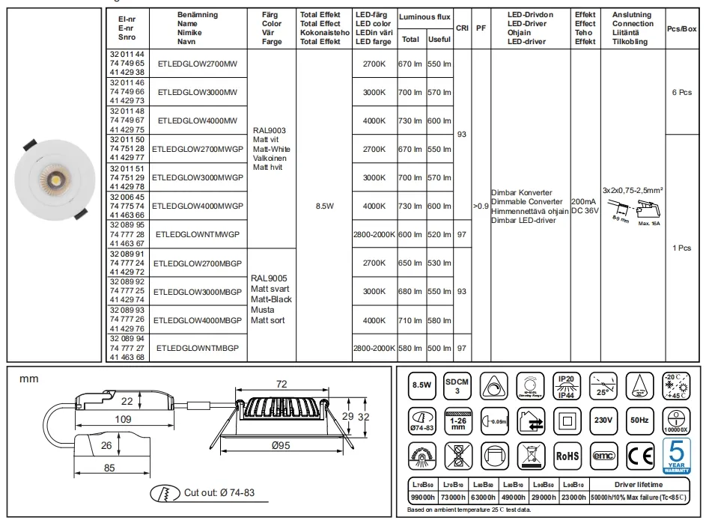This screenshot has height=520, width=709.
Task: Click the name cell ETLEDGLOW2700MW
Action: coord(198,64)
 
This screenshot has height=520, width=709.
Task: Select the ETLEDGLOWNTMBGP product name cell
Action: coord(198,348)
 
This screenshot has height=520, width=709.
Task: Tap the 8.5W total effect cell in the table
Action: coord(324,206)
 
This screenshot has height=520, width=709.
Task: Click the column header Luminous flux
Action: coord(425,16)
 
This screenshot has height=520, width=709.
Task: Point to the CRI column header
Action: coord(463,28)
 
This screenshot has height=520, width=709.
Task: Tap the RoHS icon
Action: coord(567,454)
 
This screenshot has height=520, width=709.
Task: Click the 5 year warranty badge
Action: coord(677,454)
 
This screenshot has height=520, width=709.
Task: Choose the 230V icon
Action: coord(603,420)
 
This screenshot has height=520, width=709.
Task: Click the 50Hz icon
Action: coord(639,420)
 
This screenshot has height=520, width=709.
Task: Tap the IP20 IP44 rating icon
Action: coord(567,385)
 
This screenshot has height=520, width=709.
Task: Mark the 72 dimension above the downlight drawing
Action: coord(282,384)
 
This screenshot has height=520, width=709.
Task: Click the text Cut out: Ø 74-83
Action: coord(218,492)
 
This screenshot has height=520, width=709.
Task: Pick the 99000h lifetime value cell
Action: coord(423,498)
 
